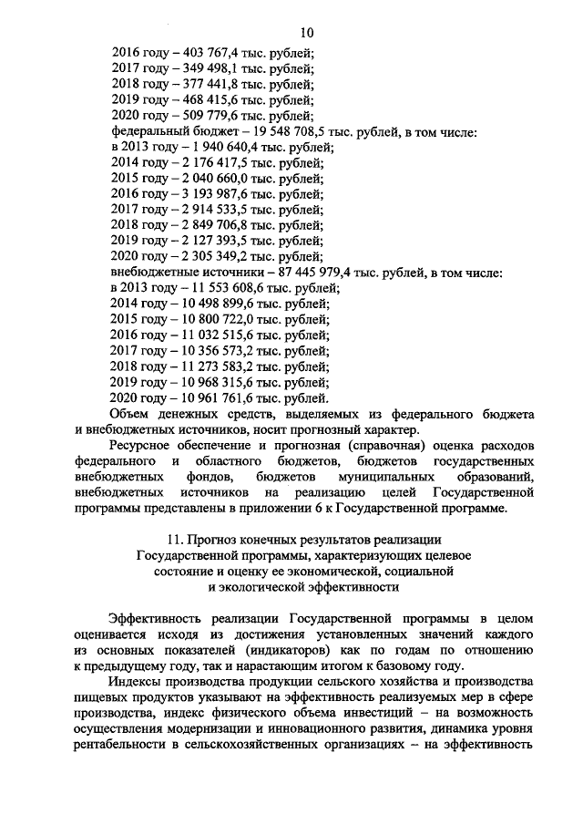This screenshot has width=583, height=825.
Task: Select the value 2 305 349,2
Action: (203, 259)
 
